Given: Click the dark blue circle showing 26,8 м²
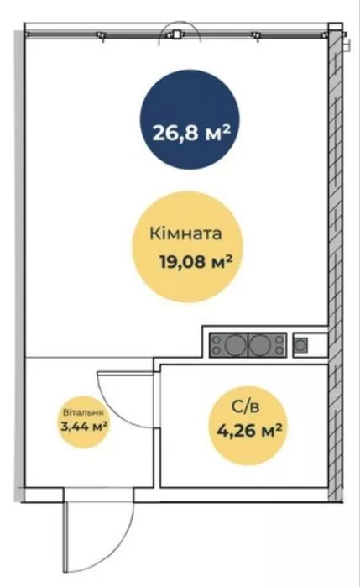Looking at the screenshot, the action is point(190,119).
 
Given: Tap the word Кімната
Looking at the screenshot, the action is point(185,233).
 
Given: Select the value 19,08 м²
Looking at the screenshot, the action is point(194,261).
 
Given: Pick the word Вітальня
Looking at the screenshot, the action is point(83,413).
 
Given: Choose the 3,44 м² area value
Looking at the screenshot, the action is point(84,426).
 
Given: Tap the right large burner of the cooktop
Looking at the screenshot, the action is point(259,345).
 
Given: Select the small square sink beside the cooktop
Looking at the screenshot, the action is point(300,345).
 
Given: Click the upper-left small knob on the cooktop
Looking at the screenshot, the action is point(216,338).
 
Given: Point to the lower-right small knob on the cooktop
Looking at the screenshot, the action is point(279,351).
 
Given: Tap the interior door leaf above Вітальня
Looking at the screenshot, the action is point(125,372).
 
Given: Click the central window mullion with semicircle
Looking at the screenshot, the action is point(176,34).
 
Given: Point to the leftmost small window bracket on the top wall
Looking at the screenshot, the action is point(101,36).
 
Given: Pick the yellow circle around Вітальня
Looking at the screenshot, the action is point(84,422).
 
